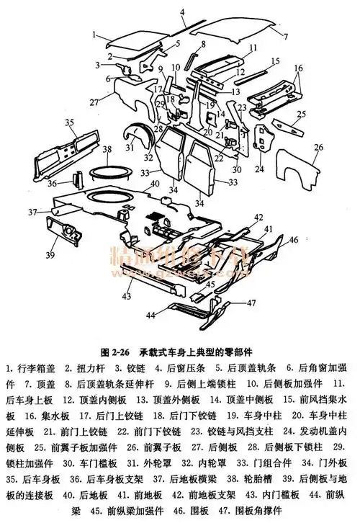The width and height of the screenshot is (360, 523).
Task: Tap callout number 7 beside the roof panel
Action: [x=286, y=35]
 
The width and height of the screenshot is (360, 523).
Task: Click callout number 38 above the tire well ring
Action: [x=106, y=150]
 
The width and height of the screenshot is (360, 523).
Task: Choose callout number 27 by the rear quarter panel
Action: [x=94, y=103]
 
